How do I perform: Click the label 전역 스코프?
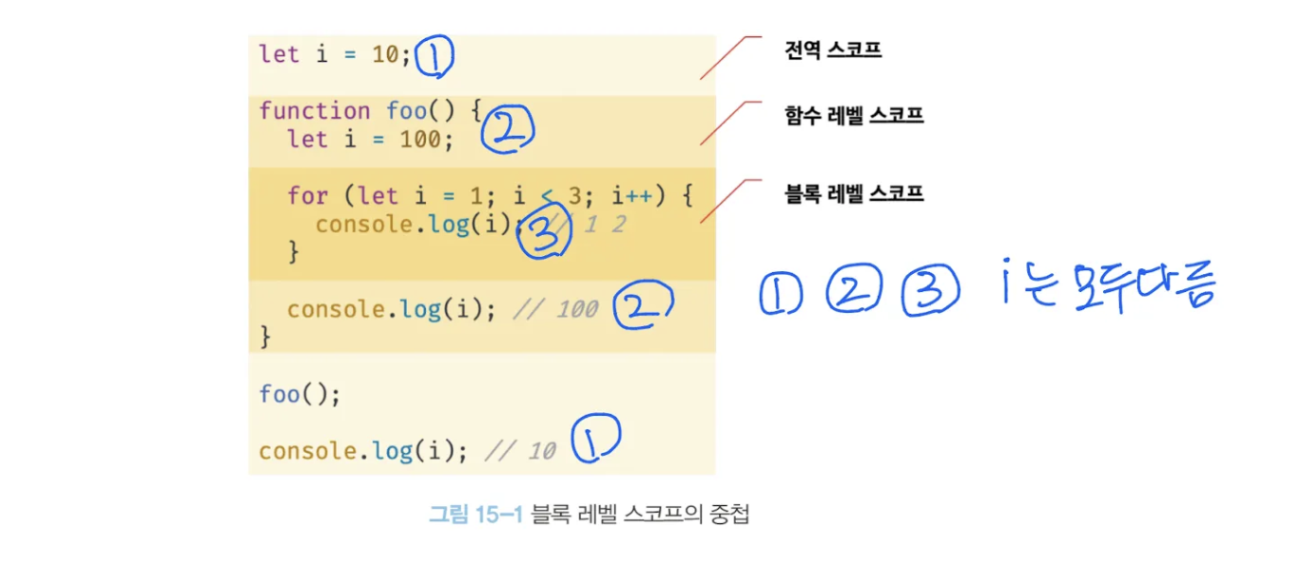832,49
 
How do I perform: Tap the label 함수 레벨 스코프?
854,116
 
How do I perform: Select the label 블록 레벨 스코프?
854,193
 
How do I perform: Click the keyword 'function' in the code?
314,110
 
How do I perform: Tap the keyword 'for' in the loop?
307,196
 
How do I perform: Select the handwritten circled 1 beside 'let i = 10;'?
435,57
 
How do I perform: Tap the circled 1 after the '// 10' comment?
594,440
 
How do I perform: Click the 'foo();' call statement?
300,394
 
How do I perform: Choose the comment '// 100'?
555,309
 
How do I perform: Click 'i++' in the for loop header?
631,196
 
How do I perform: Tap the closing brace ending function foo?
265,337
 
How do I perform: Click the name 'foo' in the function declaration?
406,110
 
